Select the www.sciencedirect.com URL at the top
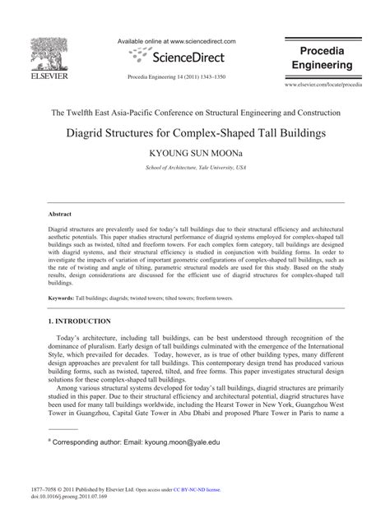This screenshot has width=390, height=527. pos(202,39)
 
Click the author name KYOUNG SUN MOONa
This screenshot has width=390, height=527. pos(195,154)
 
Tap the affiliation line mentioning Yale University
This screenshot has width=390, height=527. pos(195,167)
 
